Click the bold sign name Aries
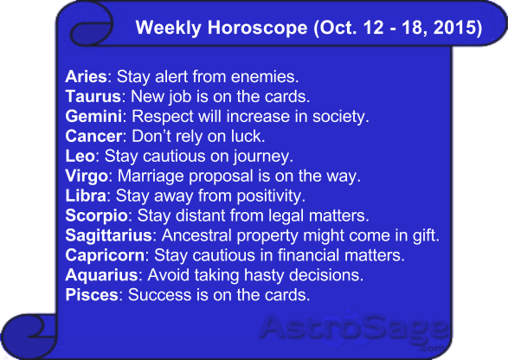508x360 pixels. (86, 77)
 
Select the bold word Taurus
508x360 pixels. (93, 97)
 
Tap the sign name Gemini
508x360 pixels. (93, 116)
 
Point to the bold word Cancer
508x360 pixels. (93, 136)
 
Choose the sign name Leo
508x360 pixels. (80, 156)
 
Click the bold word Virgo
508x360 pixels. (87, 176)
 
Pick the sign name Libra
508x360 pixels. (86, 196)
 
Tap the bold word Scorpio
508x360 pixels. (97, 215)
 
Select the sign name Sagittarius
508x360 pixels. (108, 235)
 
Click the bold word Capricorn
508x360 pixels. (105, 255)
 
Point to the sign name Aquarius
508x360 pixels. (102, 275)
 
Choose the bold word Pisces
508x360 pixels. (92, 295)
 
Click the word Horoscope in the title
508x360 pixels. (257, 27)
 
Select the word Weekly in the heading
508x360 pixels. (168, 27)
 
